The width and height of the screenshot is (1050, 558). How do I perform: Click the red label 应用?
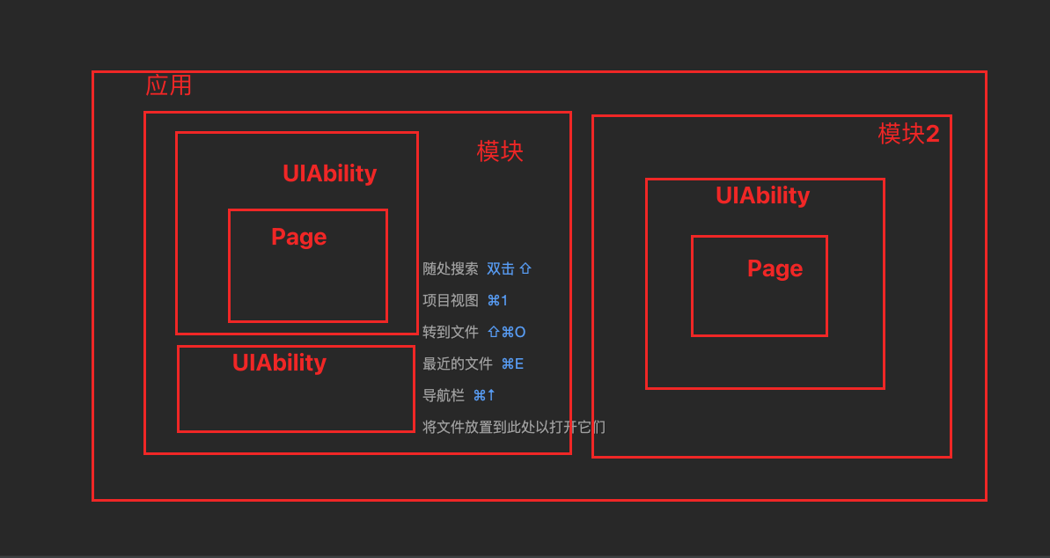(168, 85)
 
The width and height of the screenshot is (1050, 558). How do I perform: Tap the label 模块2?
(908, 134)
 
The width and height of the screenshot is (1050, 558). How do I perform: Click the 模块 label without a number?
(500, 151)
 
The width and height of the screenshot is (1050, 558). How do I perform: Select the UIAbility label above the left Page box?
(329, 173)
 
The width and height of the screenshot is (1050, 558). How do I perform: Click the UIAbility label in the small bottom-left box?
(279, 363)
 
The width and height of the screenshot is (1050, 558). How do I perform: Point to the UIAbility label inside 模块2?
(762, 195)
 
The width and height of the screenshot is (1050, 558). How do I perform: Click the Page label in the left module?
(298, 237)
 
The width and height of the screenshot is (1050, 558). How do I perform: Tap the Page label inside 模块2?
(775, 268)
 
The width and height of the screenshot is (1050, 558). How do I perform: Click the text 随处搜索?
(450, 269)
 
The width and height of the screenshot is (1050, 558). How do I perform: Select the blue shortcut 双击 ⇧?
(510, 269)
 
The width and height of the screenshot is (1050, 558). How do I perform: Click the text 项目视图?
(450, 301)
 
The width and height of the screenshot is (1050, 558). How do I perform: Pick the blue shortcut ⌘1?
(497, 301)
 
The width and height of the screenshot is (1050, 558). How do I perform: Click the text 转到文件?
(450, 333)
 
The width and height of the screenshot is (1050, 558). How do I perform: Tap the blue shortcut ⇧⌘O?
(506, 333)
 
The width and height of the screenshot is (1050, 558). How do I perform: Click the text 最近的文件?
(457, 364)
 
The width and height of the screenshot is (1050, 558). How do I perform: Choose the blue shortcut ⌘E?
(512, 364)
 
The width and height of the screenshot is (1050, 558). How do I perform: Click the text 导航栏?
(443, 396)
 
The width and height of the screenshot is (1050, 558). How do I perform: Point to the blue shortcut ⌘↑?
(484, 396)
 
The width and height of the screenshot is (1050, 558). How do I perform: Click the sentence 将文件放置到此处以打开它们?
(513, 428)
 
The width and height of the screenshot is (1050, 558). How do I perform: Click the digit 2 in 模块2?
(932, 134)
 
